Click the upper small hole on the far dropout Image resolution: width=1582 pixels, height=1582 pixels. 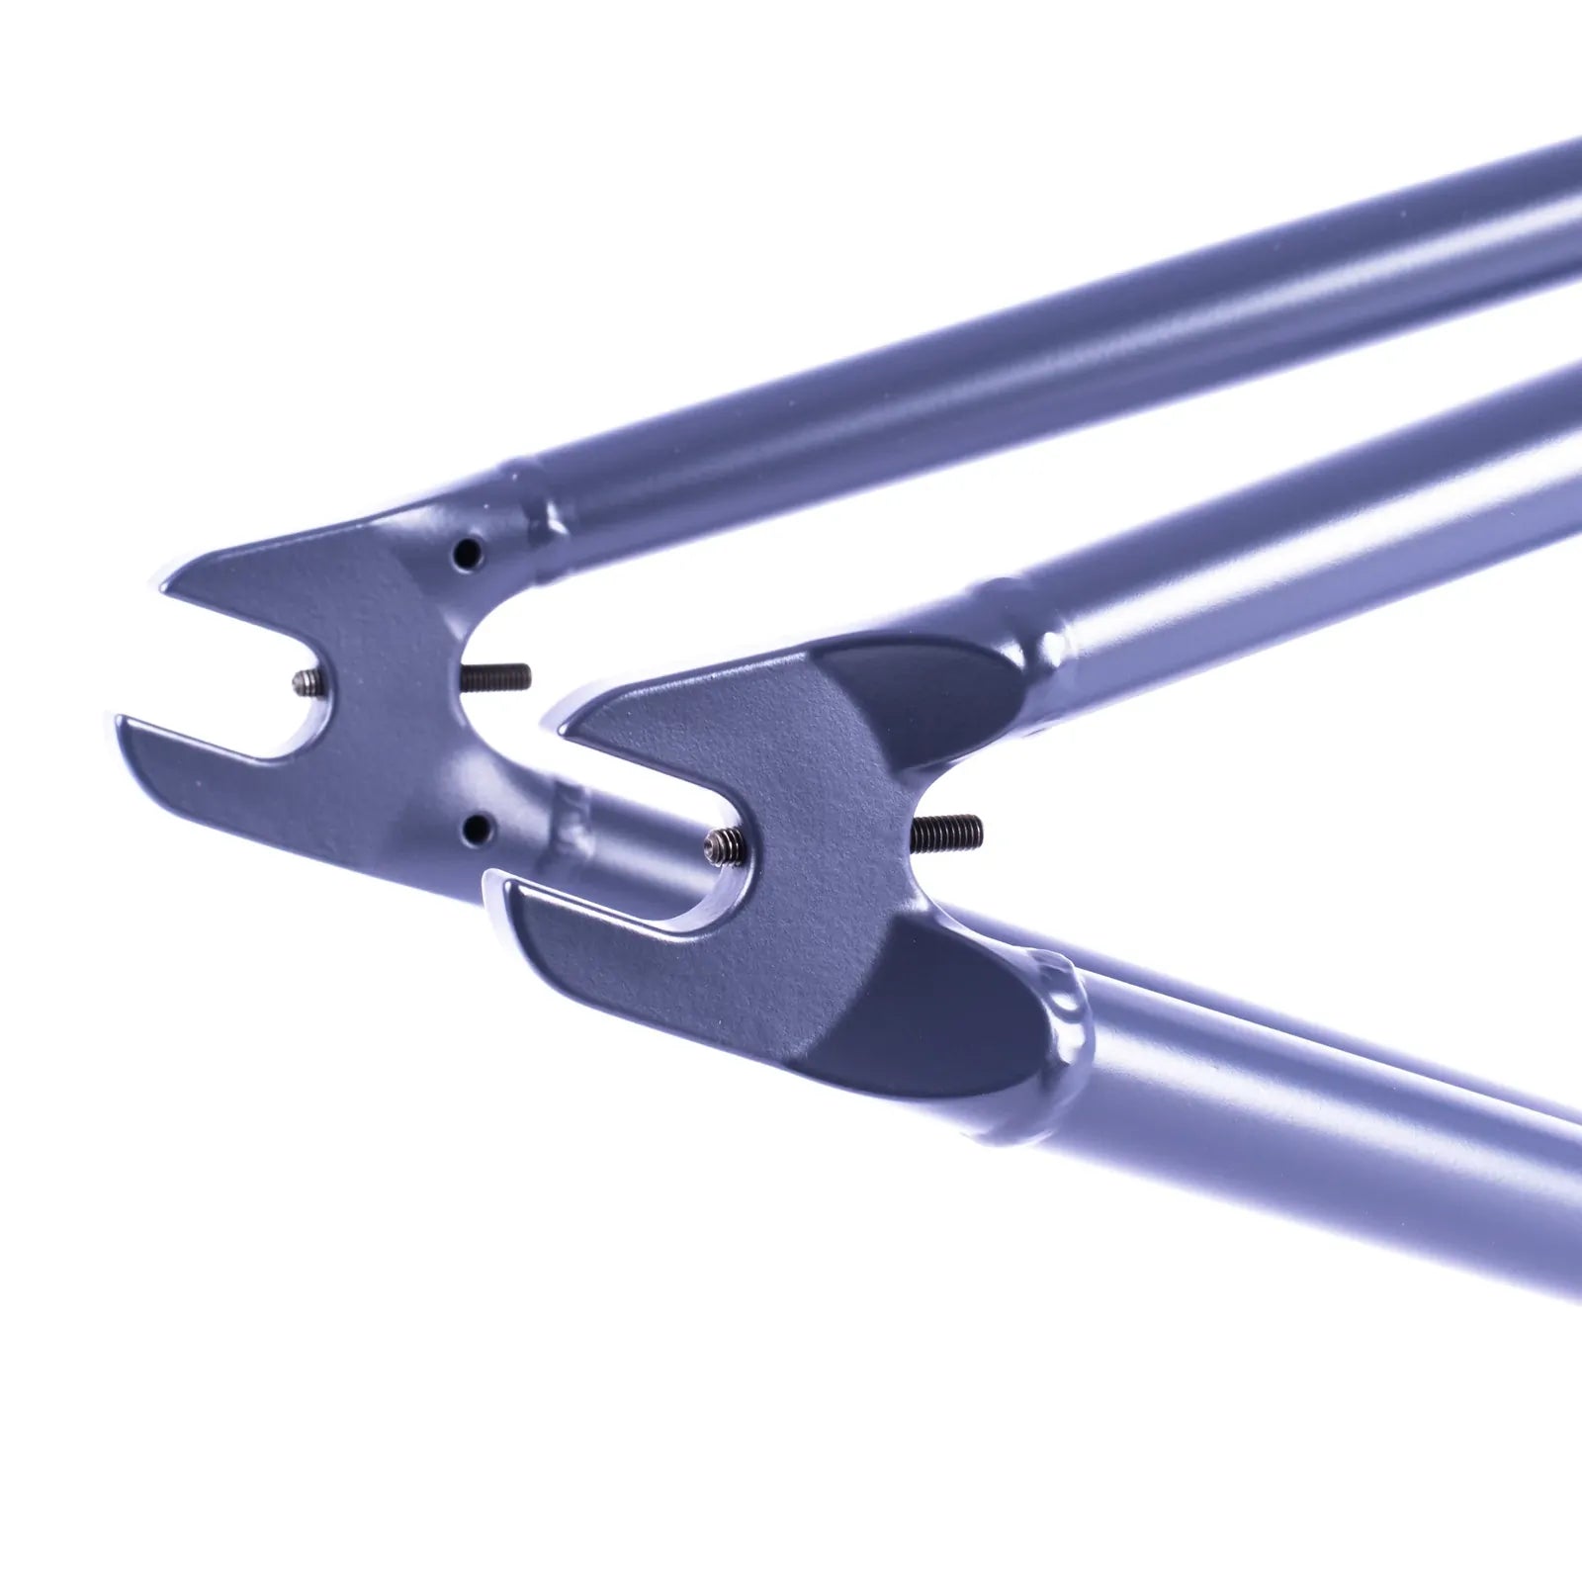click(x=464, y=555)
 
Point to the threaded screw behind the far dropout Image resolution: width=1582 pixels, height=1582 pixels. click(x=496, y=675)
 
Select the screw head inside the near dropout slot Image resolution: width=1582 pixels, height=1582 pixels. click(x=716, y=843)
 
